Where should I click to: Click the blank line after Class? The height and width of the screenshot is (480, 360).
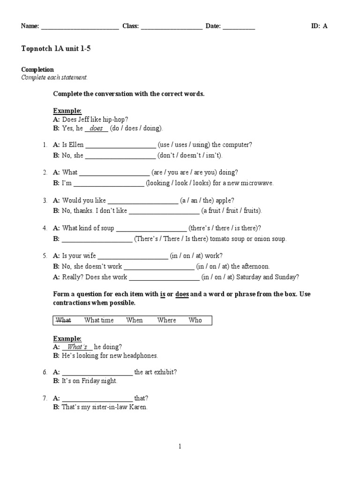point(171,27)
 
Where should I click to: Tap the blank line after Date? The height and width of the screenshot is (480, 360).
point(239,27)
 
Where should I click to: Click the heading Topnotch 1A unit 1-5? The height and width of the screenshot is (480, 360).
point(56,48)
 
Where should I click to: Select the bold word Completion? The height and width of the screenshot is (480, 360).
point(37,70)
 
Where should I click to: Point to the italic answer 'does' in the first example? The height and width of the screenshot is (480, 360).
point(96,128)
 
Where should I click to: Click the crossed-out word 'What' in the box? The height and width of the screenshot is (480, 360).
point(63,320)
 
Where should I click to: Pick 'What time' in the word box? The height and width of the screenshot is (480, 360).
point(99,320)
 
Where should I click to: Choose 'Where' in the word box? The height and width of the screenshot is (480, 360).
point(166,320)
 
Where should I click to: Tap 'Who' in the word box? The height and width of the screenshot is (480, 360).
point(195,320)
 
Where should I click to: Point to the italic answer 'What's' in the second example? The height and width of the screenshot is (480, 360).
point(77,347)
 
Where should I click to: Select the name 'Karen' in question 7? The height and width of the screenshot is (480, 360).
point(138,407)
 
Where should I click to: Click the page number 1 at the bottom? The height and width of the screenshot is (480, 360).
point(180,447)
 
